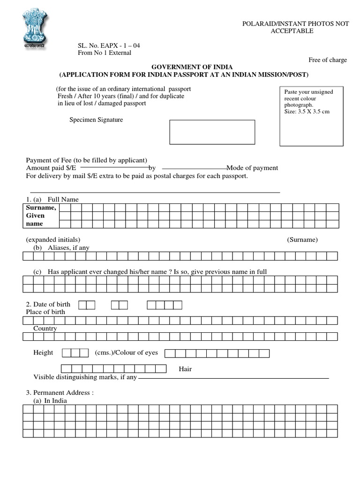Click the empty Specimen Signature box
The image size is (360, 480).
pyautogui.click(x=212, y=132)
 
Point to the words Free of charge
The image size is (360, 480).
pyautogui.click(x=327, y=60)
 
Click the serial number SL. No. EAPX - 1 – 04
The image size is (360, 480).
pyautogui.click(x=109, y=45)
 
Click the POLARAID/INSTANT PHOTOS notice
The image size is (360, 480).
pyautogui.click(x=295, y=27)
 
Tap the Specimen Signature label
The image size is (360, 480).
pyautogui.click(x=96, y=120)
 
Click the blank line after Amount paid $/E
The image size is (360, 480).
pyautogui.click(x=114, y=167)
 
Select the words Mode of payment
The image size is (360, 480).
pyautogui.click(x=252, y=168)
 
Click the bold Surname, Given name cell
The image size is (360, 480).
pyautogui.click(x=41, y=216)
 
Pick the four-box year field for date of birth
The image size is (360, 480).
pyautogui.click(x=164, y=305)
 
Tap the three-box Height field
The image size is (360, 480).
pyautogui.click(x=75, y=352)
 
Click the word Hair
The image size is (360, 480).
pyautogui.click(x=185, y=369)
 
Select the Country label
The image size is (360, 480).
pyautogui.click(x=45, y=329)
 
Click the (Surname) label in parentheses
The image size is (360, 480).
pyautogui.click(x=302, y=240)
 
